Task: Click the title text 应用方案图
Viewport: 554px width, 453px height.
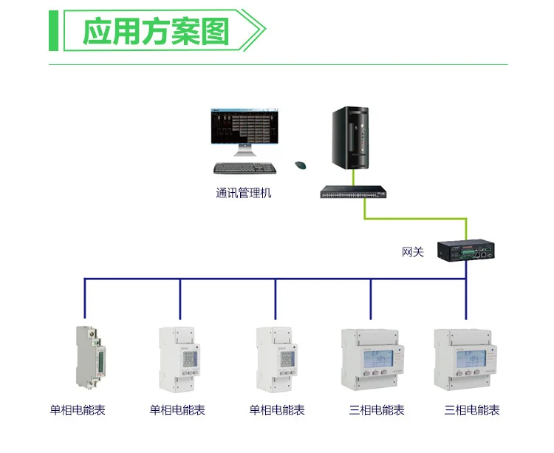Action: (x=156, y=33)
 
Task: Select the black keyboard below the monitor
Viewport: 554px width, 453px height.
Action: (x=245, y=168)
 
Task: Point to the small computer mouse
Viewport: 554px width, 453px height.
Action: (x=301, y=166)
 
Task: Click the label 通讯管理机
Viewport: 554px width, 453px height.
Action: (x=244, y=194)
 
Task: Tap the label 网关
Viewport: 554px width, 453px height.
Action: (x=413, y=252)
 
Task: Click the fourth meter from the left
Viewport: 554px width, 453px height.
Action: (x=373, y=359)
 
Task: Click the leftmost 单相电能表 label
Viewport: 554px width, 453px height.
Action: (x=78, y=410)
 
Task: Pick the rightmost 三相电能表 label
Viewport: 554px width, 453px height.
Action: (x=472, y=410)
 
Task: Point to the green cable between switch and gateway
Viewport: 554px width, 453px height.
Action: (x=414, y=219)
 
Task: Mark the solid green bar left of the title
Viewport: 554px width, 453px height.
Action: (x=53, y=32)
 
